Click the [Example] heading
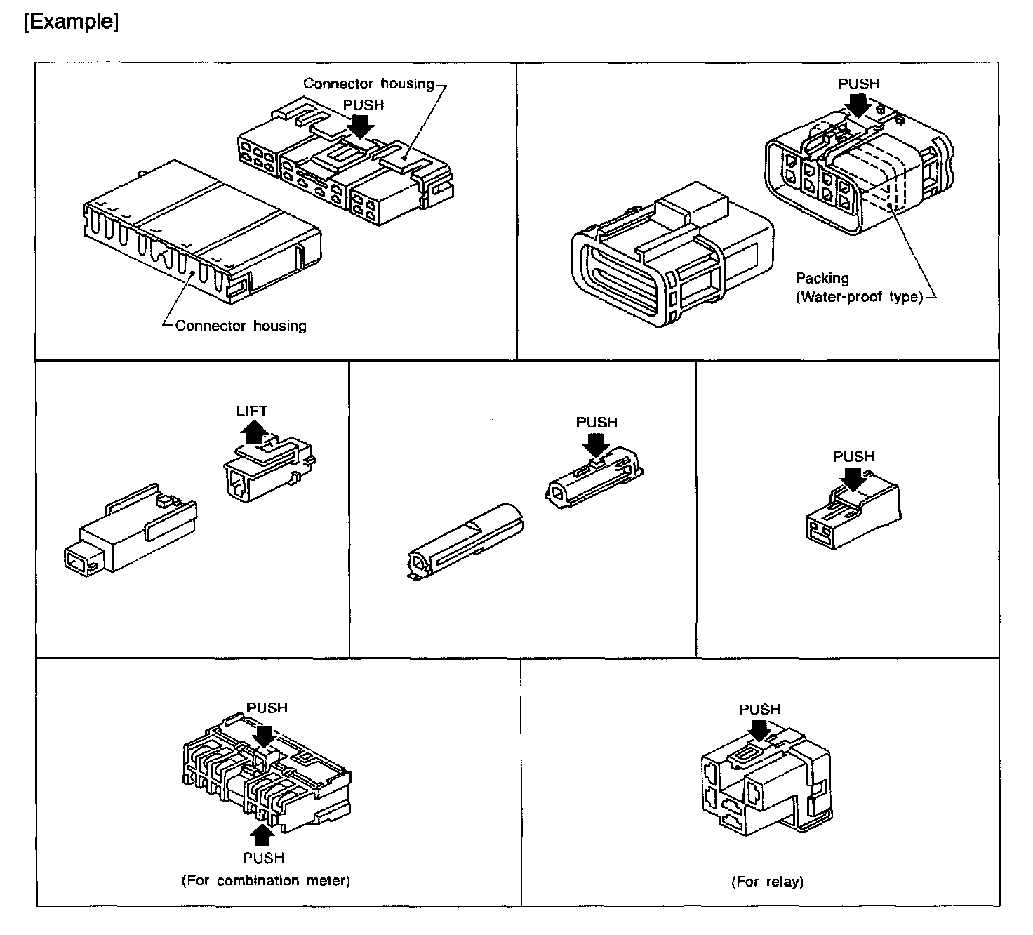pyautogui.click(x=71, y=22)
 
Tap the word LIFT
pyautogui.click(x=251, y=411)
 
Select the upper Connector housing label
pyautogui.click(x=369, y=84)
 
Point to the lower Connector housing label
pyautogui.click(x=241, y=326)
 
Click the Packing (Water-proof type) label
pyautogui.click(x=859, y=288)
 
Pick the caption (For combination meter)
pyautogui.click(x=265, y=880)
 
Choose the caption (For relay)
pyautogui.click(x=767, y=882)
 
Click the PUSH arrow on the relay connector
pyautogui.click(x=758, y=729)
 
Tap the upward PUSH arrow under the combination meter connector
pyautogui.click(x=263, y=835)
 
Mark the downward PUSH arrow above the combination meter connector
pyautogui.click(x=265, y=735)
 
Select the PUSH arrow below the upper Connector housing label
pyautogui.click(x=362, y=126)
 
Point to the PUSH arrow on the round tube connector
pyautogui.click(x=596, y=444)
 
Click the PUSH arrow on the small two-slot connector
pyautogui.click(x=853, y=478)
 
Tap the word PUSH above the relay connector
pyautogui.click(x=759, y=710)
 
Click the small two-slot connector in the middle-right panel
pyautogui.click(x=853, y=517)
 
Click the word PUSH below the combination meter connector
pyautogui.click(x=264, y=858)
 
